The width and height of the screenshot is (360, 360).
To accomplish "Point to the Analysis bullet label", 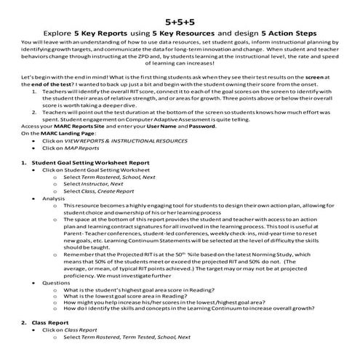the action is point(54,218).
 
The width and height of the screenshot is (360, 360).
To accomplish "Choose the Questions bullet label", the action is point(55,281).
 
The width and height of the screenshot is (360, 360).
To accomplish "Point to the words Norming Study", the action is point(260,255).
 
